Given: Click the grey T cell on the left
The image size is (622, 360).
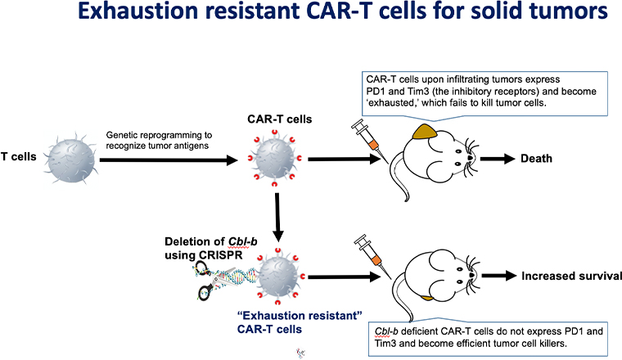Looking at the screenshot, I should coord(73,158).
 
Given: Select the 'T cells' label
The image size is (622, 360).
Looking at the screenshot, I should coord(23,157).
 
